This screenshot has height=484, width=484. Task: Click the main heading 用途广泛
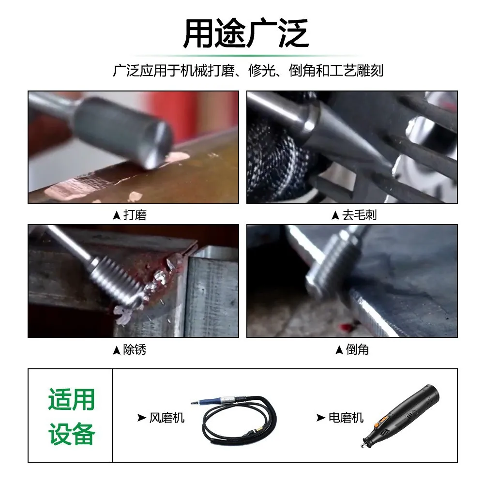click(246, 33)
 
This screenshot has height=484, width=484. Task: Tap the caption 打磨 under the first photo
click(135, 215)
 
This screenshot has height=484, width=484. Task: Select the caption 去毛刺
click(359, 215)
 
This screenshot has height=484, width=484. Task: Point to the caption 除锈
click(135, 350)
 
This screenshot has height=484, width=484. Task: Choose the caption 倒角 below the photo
click(357, 350)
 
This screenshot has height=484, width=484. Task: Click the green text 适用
click(71, 399)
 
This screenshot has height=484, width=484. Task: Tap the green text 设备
click(71, 434)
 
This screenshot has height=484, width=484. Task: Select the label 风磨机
click(166, 418)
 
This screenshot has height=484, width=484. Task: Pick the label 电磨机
click(346, 418)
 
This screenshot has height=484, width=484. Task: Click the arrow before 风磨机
click(142, 418)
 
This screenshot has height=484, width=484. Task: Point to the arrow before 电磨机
click(321, 418)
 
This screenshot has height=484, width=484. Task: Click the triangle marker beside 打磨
click(116, 215)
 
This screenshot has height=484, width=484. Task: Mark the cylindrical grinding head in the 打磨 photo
click(122, 131)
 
